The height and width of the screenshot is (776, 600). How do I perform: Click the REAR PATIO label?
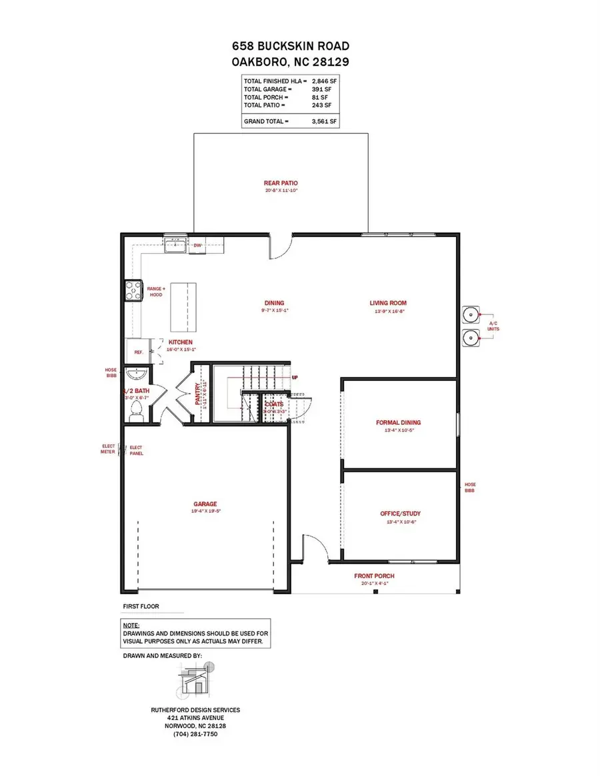[x=280, y=183]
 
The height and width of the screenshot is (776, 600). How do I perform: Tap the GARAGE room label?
[x=206, y=504]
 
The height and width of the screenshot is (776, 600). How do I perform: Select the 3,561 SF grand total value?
[x=324, y=121]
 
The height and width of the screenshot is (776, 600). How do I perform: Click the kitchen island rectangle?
[x=183, y=306]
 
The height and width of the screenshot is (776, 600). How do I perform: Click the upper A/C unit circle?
[x=472, y=312]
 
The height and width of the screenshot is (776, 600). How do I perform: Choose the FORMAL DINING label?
[x=399, y=422]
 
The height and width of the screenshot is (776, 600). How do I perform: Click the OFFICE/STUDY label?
[x=400, y=514]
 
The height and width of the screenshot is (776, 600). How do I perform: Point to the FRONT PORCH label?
[x=374, y=576]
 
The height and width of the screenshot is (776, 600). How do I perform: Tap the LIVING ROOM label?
[x=388, y=303]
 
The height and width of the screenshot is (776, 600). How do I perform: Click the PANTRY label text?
[x=197, y=394]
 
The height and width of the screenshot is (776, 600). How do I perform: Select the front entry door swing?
[x=313, y=546]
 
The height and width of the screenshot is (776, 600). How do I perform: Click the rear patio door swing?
[x=279, y=248]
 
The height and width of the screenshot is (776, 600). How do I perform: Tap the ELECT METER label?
[x=108, y=450]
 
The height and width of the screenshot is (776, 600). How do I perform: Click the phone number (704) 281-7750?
[x=195, y=734]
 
